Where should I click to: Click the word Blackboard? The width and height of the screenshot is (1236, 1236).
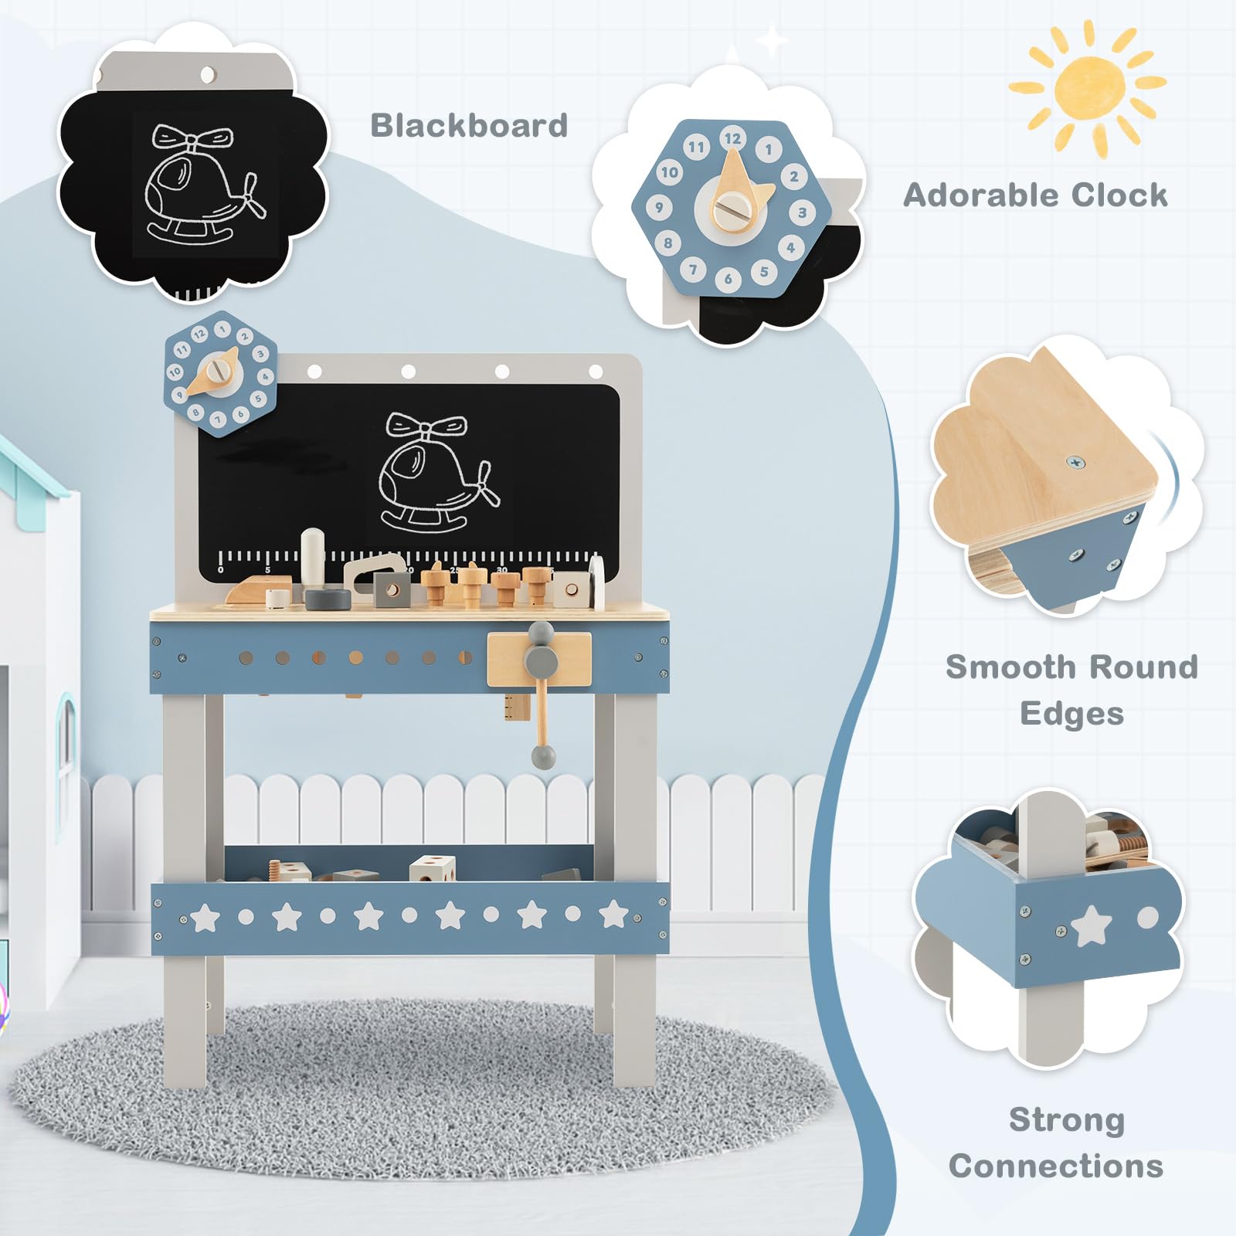[469, 125]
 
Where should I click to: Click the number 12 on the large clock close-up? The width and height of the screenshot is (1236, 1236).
[732, 139]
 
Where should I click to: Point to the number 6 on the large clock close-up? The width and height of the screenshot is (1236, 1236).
[728, 279]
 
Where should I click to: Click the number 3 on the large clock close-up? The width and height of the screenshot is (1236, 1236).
[803, 212]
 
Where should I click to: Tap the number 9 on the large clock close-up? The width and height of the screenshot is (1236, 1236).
[659, 207]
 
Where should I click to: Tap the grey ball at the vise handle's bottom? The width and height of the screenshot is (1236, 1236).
[544, 756]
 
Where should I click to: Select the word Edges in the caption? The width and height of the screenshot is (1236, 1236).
[1071, 713]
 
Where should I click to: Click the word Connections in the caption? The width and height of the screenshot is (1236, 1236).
[1056, 1166]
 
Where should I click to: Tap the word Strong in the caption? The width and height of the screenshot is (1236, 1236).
[1066, 1120]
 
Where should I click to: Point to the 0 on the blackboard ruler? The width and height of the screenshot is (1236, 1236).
[221, 569]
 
